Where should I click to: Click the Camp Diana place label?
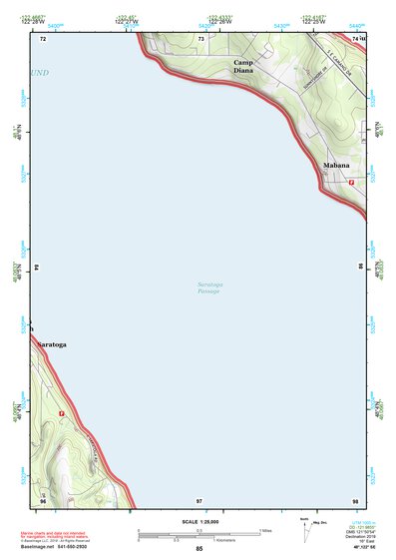[x=243, y=67]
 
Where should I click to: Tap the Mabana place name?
[x=336, y=165]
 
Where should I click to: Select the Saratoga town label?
[x=51, y=344]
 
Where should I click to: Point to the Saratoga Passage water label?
[x=209, y=288]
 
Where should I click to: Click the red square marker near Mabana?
[x=351, y=182]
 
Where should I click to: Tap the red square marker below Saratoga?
[x=62, y=413]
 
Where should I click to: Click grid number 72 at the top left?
[x=43, y=38]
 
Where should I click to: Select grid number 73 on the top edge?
[x=201, y=38]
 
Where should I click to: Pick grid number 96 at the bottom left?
[x=43, y=499]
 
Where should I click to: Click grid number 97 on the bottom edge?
[x=199, y=499]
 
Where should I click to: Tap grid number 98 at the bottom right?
[x=355, y=499]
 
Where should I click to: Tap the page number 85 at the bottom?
[x=199, y=549]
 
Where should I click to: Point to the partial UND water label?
[x=39, y=73]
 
